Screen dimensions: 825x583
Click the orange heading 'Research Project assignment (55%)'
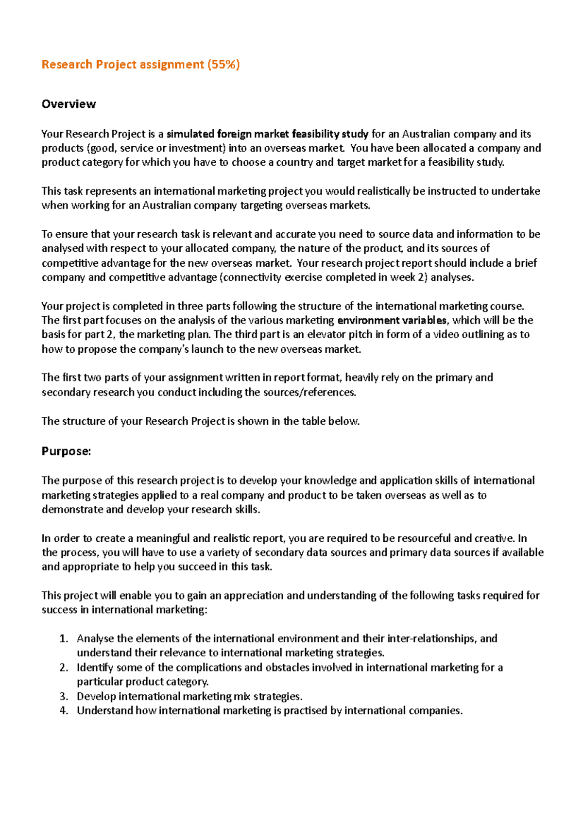140,65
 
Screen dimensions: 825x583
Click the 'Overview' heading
69,104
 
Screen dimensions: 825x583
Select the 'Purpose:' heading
66,451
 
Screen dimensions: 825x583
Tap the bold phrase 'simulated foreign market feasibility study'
267,134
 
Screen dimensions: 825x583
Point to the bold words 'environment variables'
392,320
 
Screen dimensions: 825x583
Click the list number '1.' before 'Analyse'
64,638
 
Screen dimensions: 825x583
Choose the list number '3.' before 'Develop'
64,696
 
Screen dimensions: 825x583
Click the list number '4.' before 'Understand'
64,710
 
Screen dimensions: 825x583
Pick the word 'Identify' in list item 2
95,668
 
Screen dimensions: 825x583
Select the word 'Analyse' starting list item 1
95,638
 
